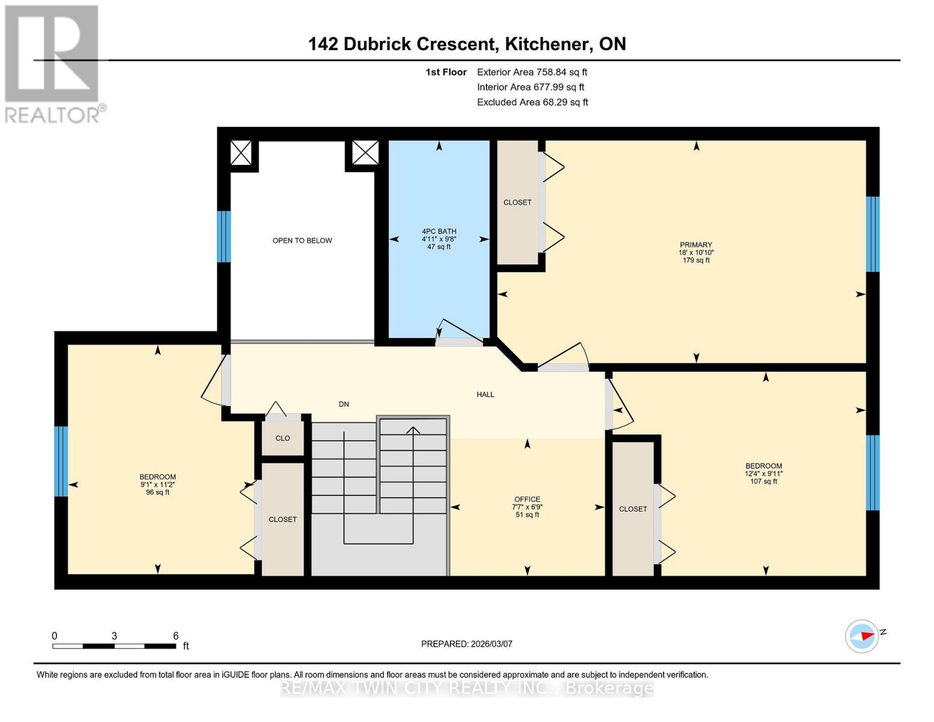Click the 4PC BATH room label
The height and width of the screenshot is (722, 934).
(438, 238)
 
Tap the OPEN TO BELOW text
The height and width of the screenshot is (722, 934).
(302, 241)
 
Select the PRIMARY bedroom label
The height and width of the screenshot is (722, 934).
(696, 252)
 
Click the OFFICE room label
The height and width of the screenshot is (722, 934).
(527, 507)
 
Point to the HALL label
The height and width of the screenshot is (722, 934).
(485, 395)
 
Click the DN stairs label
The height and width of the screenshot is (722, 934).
(343, 404)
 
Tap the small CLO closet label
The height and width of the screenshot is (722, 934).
(283, 439)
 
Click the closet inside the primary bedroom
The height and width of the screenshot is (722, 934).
(517, 202)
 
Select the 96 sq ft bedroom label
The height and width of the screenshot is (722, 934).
(158, 484)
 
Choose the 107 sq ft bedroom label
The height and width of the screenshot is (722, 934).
(763, 474)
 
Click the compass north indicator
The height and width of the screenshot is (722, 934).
(862, 635)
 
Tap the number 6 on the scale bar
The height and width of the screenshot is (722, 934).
(176, 636)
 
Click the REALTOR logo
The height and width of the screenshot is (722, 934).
(53, 63)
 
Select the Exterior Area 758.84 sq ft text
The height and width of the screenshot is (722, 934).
(532, 72)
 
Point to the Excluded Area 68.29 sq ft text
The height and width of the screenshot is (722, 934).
(532, 102)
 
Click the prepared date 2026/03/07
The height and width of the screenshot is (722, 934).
(467, 644)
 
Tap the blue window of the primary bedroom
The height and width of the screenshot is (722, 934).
(872, 234)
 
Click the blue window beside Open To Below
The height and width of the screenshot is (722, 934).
(224, 236)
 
